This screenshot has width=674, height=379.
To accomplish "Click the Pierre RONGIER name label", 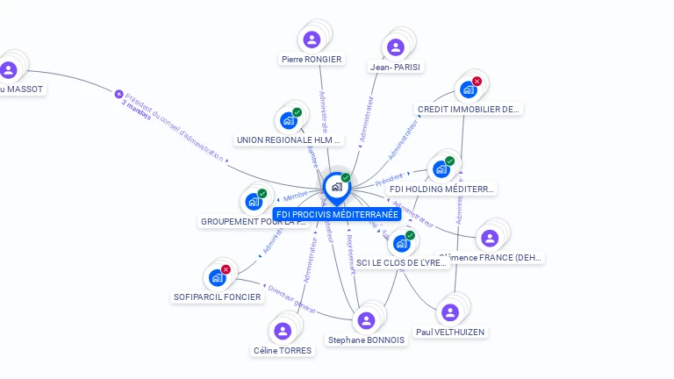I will [312, 60].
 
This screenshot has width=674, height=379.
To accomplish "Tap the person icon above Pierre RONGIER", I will [312, 39].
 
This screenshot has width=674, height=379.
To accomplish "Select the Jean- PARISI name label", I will [395, 67].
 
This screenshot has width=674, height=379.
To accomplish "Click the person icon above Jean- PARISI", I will [395, 47].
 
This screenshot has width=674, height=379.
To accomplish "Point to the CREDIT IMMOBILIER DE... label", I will [469, 110].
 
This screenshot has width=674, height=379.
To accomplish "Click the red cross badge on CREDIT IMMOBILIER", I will [477, 82].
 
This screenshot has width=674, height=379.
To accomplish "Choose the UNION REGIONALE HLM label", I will [289, 139].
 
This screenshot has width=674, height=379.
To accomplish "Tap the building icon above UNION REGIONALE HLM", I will [288, 120].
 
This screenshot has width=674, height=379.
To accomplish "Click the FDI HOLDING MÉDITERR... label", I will [441, 189].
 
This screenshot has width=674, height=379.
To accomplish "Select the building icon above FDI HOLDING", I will [441, 168].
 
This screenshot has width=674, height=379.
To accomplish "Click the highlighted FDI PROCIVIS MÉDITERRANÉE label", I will [337, 214].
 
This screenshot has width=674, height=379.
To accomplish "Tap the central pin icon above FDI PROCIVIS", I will [335, 187].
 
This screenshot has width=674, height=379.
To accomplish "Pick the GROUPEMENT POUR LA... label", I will [255, 222].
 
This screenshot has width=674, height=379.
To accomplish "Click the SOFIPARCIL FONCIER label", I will [218, 297].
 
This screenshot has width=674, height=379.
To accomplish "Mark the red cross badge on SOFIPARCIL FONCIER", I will [226, 269].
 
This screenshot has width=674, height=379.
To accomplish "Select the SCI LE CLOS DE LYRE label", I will [402, 262].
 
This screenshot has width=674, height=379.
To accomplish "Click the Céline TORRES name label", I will [283, 351].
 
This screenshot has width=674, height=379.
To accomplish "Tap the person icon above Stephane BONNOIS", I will [366, 320].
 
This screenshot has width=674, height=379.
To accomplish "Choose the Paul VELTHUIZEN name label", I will [450, 333].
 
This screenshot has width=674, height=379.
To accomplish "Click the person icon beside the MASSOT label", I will [9, 70].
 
